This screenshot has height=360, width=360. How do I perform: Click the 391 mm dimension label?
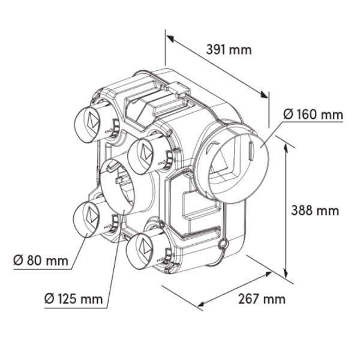coord(229,50)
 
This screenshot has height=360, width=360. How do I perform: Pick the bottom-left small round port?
coord(88,219)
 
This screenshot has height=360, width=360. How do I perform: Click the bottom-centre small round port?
coord(143,248)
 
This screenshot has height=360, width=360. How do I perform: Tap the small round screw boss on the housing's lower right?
coord(222,244)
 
